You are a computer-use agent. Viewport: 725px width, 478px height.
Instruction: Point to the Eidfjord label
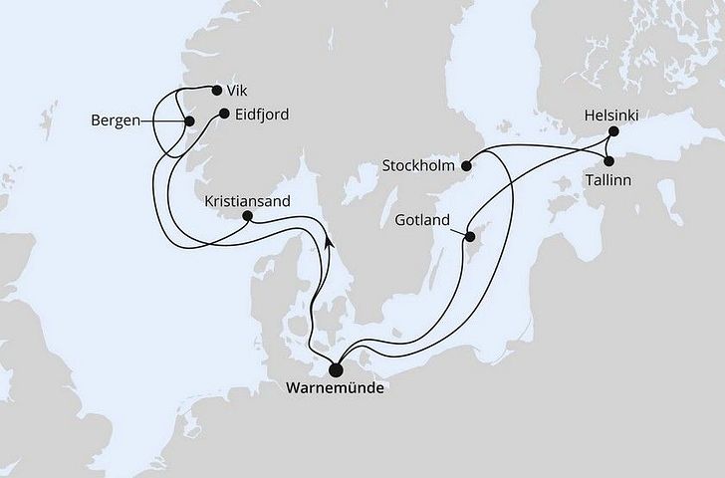pos(263,114)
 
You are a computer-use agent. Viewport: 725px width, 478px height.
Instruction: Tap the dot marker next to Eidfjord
pos(224,114)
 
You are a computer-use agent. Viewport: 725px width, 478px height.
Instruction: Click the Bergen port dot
pos(188,121)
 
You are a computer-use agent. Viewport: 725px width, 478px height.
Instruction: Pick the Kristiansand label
pos(246,200)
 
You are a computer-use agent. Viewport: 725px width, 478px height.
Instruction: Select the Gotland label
pos(422,220)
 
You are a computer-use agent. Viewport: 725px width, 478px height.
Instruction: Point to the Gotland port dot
pos(467,236)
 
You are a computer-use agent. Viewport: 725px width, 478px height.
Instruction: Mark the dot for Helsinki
pos(613,132)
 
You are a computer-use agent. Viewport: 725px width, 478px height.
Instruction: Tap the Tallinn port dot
pos(608,160)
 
